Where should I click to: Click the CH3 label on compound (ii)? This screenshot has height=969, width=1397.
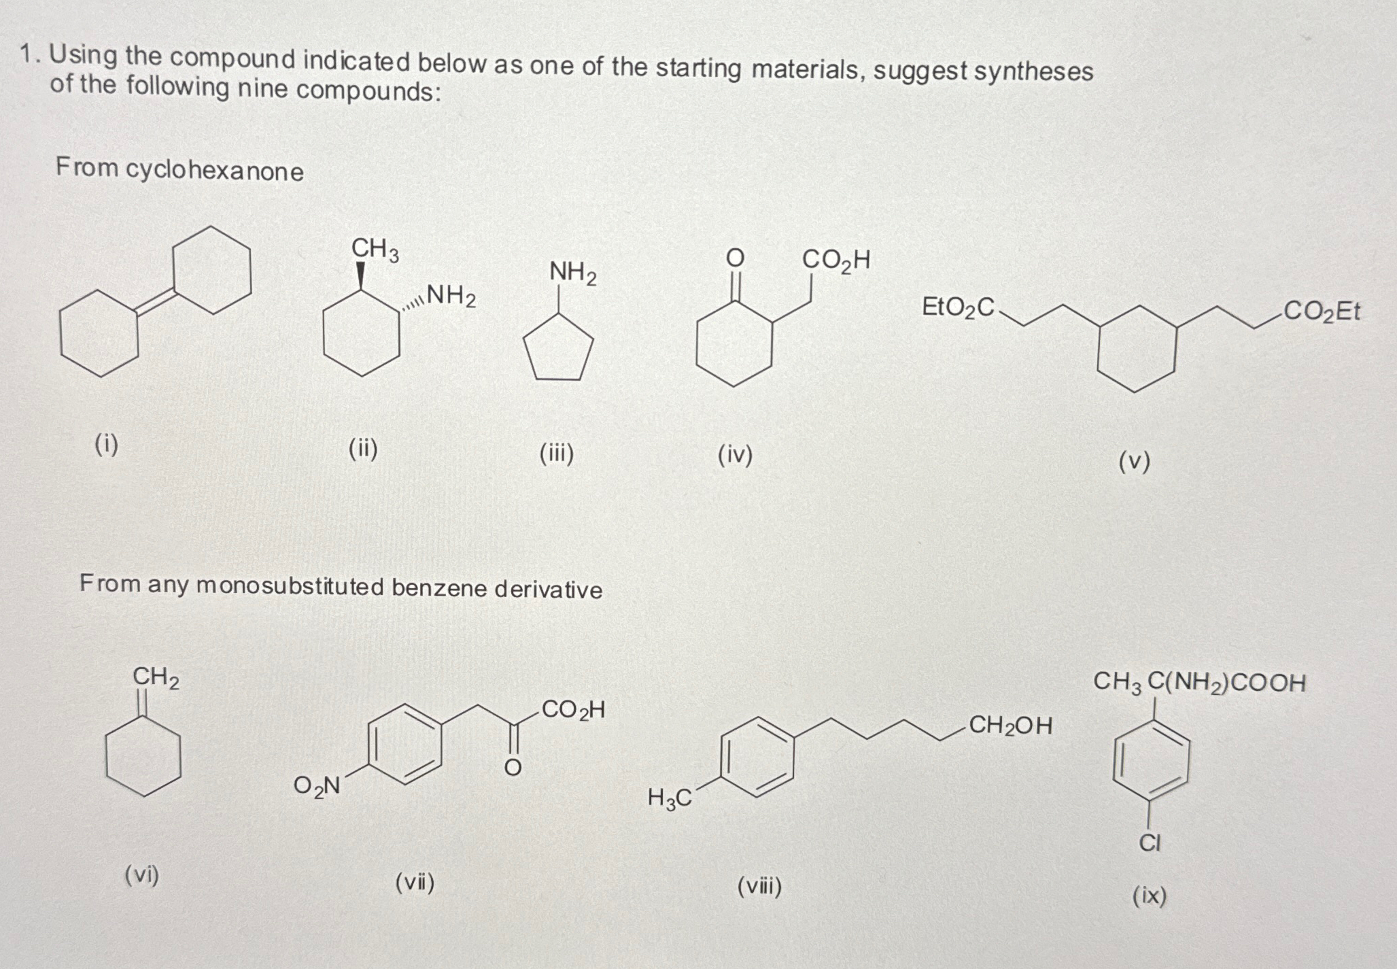click(375, 250)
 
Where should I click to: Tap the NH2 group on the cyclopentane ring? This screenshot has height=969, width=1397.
click(572, 273)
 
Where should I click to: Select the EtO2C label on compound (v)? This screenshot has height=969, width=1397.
click(957, 307)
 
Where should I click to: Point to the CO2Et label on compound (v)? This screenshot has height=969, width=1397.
click(1322, 311)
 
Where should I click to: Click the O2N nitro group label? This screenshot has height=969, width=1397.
click(316, 786)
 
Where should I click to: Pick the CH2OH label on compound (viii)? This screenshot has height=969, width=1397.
click(1010, 726)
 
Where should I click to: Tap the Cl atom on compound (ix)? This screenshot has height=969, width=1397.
click(1150, 843)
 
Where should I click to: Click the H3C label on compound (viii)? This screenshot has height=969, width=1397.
click(669, 798)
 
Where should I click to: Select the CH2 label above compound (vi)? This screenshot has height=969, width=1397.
click(156, 678)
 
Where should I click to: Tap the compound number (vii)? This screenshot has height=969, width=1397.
click(415, 883)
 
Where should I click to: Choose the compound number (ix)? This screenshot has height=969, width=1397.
click(1149, 896)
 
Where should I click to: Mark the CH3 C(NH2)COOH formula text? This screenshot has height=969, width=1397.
click(1199, 682)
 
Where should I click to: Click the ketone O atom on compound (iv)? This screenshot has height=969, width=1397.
click(734, 258)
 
